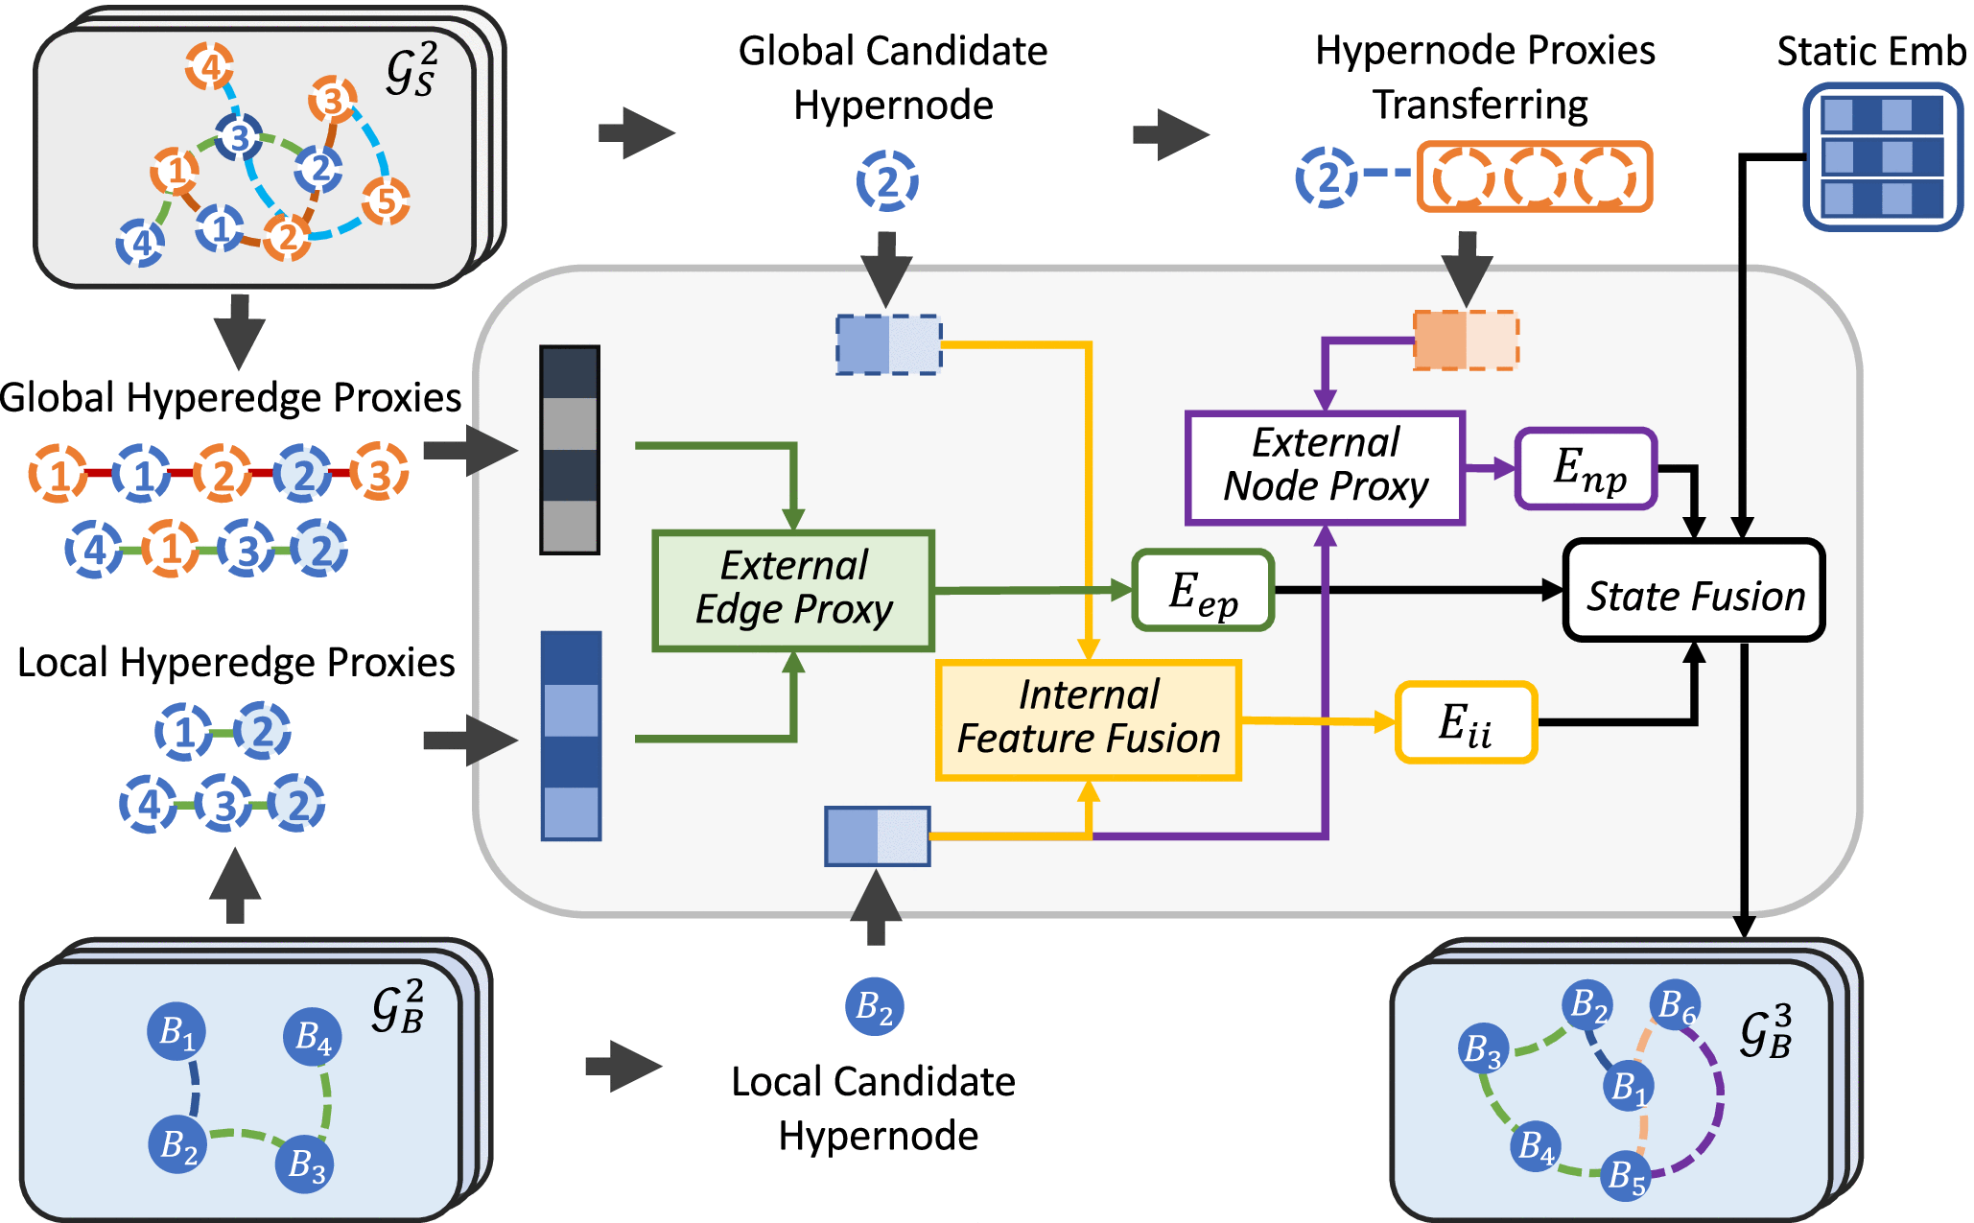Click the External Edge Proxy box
pyautogui.click(x=793, y=590)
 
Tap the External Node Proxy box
pyautogui.click(x=1325, y=467)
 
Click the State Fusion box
pyautogui.click(x=1694, y=591)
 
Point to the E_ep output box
pyautogui.click(x=1203, y=591)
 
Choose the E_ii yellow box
pyautogui.click(x=1466, y=722)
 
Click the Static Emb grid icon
pyautogui.click(x=1882, y=157)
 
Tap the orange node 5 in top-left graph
pyautogui.click(x=386, y=200)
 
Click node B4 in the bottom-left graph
pyautogui.click(x=313, y=1036)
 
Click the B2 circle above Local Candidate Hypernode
pyautogui.click(x=874, y=1007)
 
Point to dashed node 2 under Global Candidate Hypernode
pyautogui.click(x=887, y=180)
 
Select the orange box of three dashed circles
pyautogui.click(x=1534, y=177)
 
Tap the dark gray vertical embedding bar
pyautogui.click(x=570, y=450)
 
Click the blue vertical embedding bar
pyautogui.click(x=571, y=736)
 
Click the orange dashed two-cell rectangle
pyautogui.click(x=1466, y=340)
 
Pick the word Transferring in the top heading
pyautogui.click(x=1479, y=105)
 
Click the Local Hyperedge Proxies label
pyautogui.click(x=236, y=663)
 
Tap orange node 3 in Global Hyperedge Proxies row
pyautogui.click(x=380, y=473)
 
